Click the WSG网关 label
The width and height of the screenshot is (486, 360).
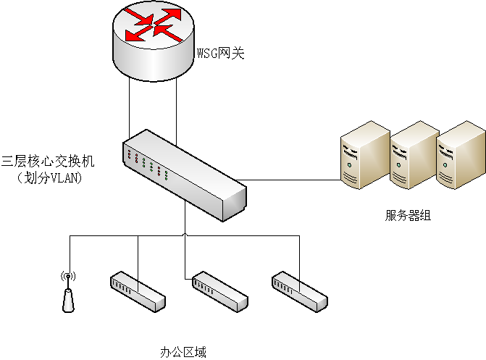click(x=221, y=53)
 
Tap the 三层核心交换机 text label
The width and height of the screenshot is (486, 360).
click(x=48, y=160)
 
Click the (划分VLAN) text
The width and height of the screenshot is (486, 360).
click(x=49, y=177)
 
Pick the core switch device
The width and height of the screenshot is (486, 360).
click(x=185, y=174)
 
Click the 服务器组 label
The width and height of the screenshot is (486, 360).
click(x=408, y=215)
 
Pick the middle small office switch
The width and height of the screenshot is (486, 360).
click(x=219, y=292)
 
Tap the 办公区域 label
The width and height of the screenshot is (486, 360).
click(x=183, y=353)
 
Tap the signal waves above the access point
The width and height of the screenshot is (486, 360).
click(x=68, y=276)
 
